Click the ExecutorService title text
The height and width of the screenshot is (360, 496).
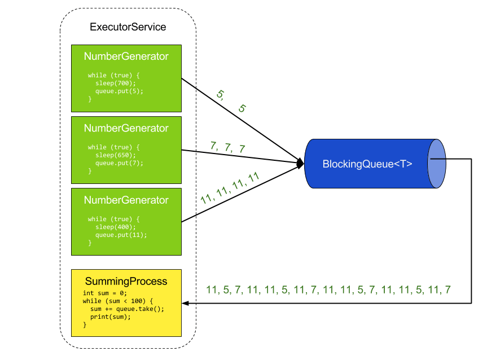[x=128, y=27]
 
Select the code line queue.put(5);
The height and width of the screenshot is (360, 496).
[x=119, y=91]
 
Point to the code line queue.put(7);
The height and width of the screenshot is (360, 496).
[x=119, y=163]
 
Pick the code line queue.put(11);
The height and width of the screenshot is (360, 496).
[x=121, y=235]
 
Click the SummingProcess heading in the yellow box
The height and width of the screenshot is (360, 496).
[x=126, y=281]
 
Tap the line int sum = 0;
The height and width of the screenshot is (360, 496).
[x=105, y=293]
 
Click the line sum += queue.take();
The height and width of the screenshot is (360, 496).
[x=127, y=309]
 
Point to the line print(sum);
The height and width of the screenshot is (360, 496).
[x=110, y=317]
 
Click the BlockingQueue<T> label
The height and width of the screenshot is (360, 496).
[x=367, y=164]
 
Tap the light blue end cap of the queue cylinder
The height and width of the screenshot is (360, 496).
[x=437, y=164]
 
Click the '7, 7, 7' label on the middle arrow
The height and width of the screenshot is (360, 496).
[x=227, y=147]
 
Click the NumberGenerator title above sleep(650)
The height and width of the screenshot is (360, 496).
[x=126, y=128]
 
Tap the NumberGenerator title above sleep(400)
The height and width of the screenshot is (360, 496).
[x=126, y=200]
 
